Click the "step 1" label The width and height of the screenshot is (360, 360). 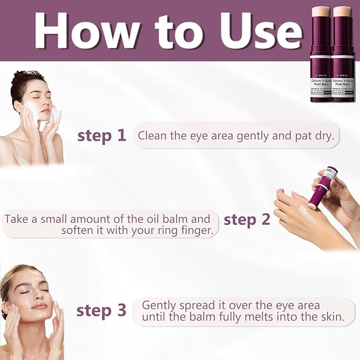point(102,135)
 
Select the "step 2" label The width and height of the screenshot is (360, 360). point(247,219)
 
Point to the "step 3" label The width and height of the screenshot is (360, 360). point(101,310)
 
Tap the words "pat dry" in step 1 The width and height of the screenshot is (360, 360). point(314,135)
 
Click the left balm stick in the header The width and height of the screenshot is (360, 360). point(321,53)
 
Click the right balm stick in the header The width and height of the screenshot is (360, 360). point(342,53)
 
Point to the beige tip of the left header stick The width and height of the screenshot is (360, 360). point(321,11)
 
